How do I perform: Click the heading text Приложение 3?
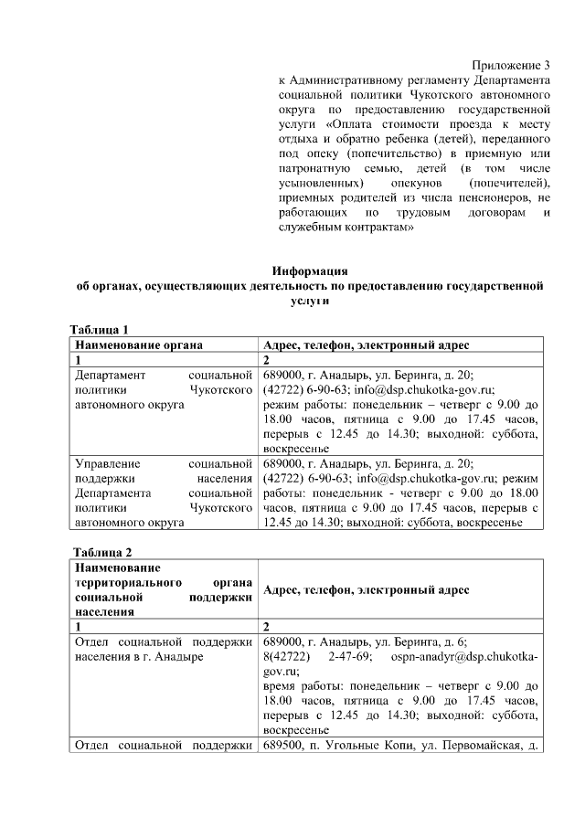511,65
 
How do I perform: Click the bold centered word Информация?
310,271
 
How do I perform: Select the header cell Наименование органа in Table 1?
138,345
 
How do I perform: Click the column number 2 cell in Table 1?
266,360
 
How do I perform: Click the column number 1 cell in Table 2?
79,627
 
